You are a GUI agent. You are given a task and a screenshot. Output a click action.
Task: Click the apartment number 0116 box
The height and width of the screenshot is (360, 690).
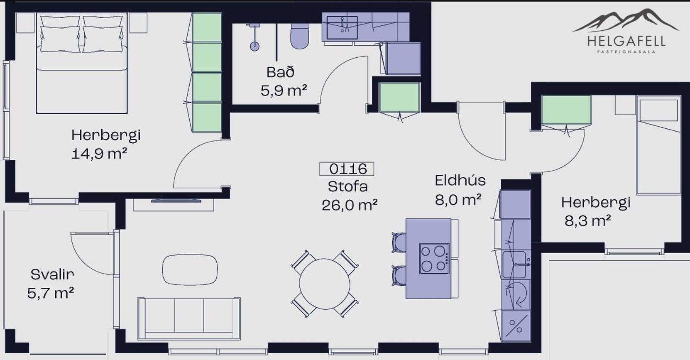347,169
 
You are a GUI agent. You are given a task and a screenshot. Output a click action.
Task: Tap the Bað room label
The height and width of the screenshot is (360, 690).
280,72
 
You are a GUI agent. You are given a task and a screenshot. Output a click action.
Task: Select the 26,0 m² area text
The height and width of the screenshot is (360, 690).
350,205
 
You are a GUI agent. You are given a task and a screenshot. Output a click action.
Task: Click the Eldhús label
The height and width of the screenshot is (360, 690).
460,181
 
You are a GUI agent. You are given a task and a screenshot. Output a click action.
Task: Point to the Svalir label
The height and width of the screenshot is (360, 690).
52,274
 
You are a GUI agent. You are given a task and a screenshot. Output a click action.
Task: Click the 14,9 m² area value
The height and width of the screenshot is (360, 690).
99,153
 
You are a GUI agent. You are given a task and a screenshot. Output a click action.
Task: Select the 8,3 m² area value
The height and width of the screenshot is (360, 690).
588,221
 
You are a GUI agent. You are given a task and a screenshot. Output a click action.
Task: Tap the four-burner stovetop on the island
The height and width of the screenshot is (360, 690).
434,258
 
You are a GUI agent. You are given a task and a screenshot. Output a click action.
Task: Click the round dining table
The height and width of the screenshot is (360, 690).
325,284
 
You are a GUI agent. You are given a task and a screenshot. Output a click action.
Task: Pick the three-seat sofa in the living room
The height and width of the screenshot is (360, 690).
189,318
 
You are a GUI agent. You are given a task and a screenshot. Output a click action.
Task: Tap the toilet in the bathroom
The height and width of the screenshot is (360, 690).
299,36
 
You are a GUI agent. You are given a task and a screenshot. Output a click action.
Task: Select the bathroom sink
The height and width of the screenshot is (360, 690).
342,28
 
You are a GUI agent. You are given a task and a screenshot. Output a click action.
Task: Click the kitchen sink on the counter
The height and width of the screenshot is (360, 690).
514,264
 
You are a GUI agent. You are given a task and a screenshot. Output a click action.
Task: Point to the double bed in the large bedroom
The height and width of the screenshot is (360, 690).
82,63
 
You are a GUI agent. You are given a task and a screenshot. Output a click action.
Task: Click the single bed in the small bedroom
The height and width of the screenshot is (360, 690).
658,145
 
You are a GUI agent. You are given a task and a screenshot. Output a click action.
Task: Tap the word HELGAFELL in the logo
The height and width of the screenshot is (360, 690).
626,41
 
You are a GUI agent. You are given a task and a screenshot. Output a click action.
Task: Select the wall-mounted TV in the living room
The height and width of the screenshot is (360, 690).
176,201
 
